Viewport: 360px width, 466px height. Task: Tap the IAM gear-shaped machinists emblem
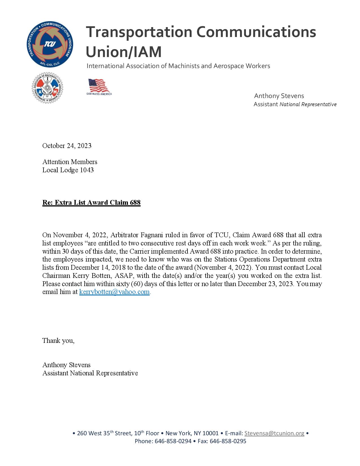(47, 88)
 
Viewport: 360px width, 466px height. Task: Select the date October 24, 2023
(67, 146)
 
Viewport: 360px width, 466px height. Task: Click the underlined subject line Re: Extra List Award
(91, 202)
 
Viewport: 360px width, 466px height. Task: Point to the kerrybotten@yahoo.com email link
(114, 292)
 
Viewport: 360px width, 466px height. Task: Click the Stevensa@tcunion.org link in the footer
(274, 433)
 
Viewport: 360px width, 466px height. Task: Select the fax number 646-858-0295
(228, 441)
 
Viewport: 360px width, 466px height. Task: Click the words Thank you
(58, 341)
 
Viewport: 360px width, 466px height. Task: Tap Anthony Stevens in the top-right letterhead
(279, 96)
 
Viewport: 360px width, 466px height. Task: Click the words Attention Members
(70, 162)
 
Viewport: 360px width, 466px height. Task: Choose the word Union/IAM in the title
(124, 52)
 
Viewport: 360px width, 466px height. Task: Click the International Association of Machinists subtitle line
(178, 66)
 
